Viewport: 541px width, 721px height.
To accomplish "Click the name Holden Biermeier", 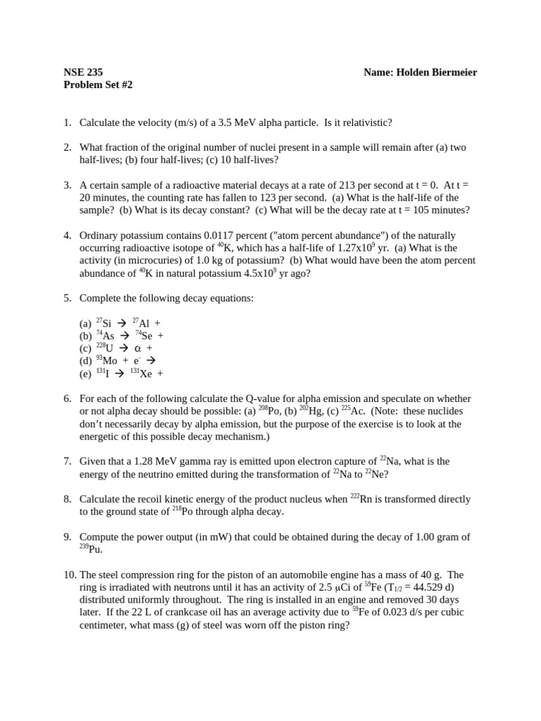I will (421, 72).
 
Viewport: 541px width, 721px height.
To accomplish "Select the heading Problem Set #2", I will (98, 84).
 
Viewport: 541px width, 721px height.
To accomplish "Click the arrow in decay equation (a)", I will (122, 323).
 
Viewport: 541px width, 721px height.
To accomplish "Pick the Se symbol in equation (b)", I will (147, 336).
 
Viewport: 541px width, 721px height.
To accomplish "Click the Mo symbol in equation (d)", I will (111, 361).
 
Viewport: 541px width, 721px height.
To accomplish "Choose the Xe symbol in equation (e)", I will (146, 374).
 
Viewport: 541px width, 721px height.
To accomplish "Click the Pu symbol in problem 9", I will (95, 549).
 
